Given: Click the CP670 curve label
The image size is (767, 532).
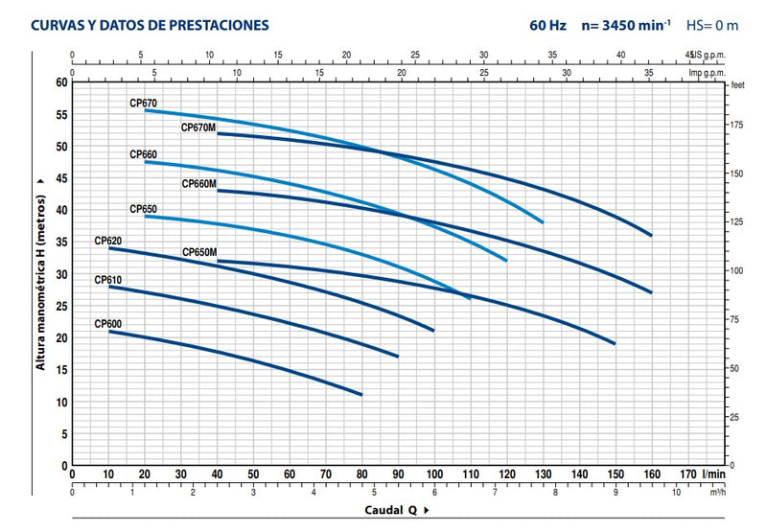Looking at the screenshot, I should (143, 102).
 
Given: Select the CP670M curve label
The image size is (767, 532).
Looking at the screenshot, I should (199, 127).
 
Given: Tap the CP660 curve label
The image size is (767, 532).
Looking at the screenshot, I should (143, 154).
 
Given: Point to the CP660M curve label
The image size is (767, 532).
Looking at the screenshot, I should (199, 183).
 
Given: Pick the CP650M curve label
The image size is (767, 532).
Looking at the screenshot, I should (199, 252).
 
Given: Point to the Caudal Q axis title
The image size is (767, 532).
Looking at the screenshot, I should (390, 510).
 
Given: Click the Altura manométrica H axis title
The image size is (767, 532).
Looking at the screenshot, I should (40, 273).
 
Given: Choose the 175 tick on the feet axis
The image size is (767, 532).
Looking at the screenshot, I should (736, 125).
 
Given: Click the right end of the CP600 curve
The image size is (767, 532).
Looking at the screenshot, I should (362, 394).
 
